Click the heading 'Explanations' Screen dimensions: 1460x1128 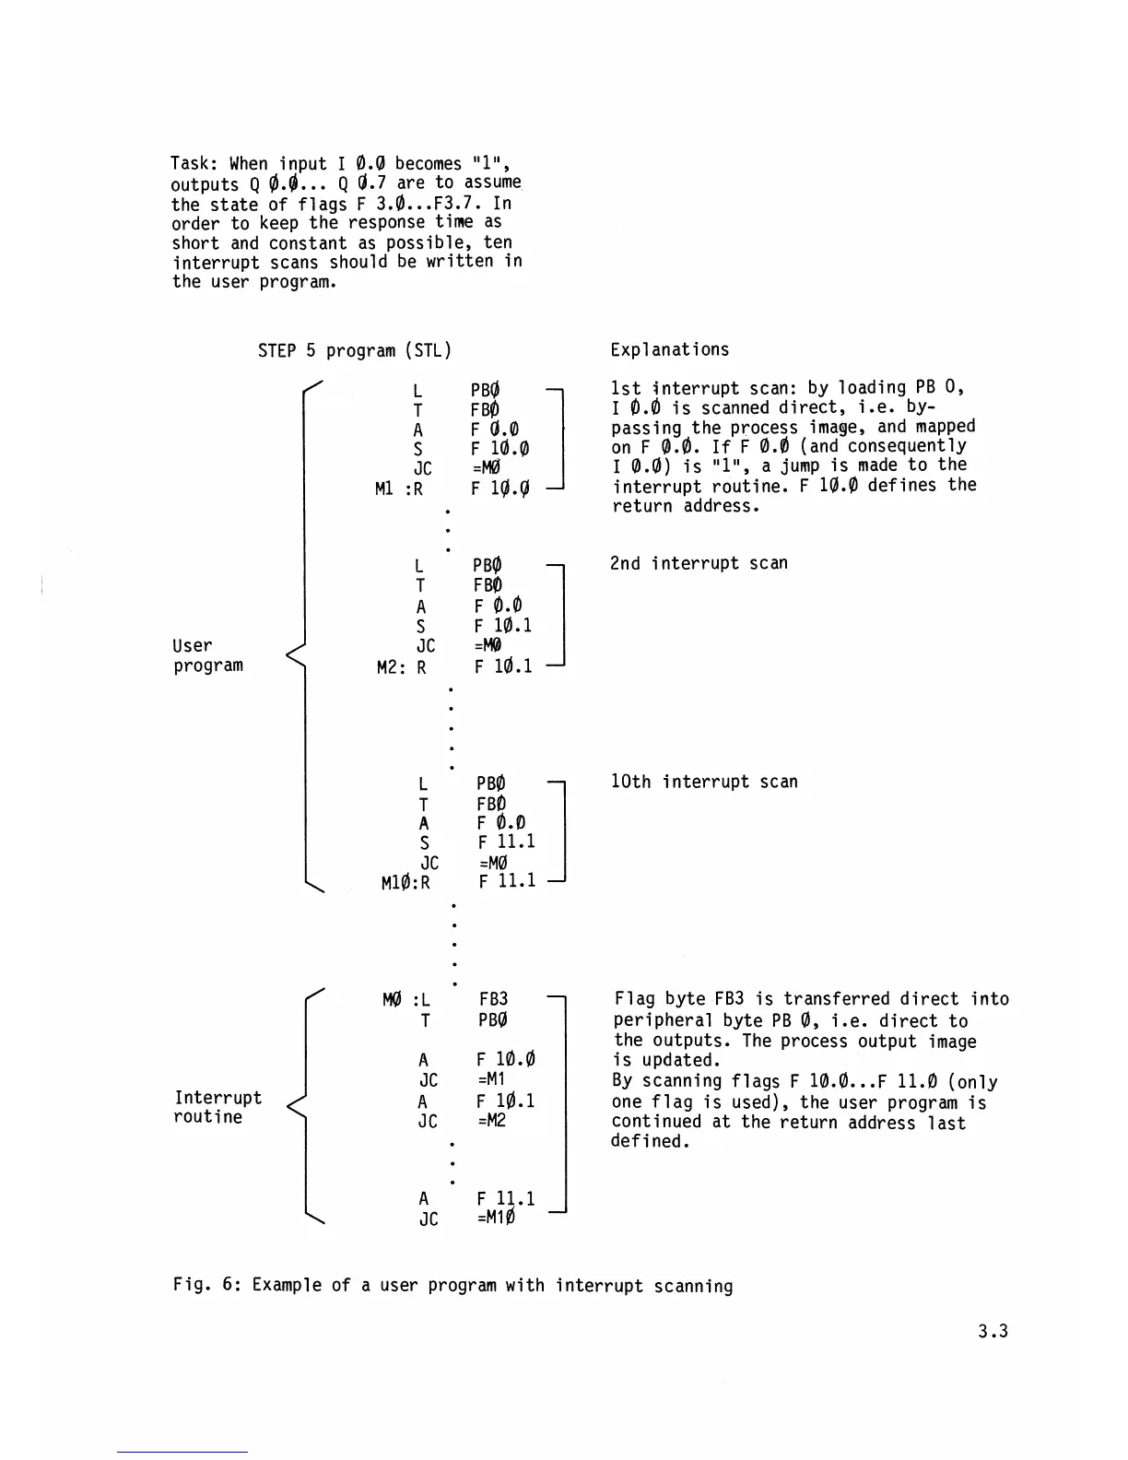click(x=669, y=349)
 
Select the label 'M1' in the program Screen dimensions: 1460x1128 click(x=385, y=489)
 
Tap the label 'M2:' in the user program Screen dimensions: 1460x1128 click(x=390, y=666)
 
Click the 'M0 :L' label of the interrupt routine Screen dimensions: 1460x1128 click(x=405, y=1000)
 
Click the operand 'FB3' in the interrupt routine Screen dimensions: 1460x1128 click(x=493, y=999)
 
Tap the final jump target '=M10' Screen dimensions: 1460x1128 click(x=496, y=1219)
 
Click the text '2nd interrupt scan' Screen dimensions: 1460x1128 click(x=699, y=563)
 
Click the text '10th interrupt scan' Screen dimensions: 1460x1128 click(x=704, y=782)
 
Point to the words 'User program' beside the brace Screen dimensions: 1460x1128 click(x=207, y=655)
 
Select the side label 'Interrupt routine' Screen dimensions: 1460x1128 click(x=217, y=1107)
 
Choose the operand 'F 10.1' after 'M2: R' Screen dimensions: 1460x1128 click(x=503, y=666)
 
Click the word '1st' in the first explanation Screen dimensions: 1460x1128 click(x=626, y=388)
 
